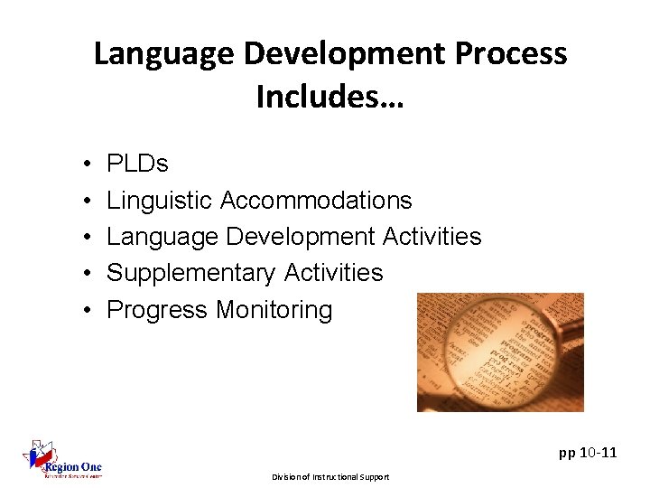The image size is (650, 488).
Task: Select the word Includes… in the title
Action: pyautogui.click(x=330, y=97)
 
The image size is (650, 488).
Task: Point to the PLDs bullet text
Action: pyautogui.click(x=137, y=164)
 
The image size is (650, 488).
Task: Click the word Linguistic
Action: pyautogui.click(x=160, y=201)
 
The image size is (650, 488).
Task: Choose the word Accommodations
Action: pyautogui.click(x=316, y=201)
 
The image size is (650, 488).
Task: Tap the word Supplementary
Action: pyautogui.click(x=191, y=273)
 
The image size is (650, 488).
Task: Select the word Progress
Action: pyautogui.click(x=157, y=310)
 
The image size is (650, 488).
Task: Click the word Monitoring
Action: pyautogui.click(x=274, y=310)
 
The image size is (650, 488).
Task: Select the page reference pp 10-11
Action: pyautogui.click(x=588, y=452)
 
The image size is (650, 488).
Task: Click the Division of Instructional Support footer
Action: pyautogui.click(x=331, y=476)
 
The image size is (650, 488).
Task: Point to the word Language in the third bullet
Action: pyautogui.click(x=162, y=237)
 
